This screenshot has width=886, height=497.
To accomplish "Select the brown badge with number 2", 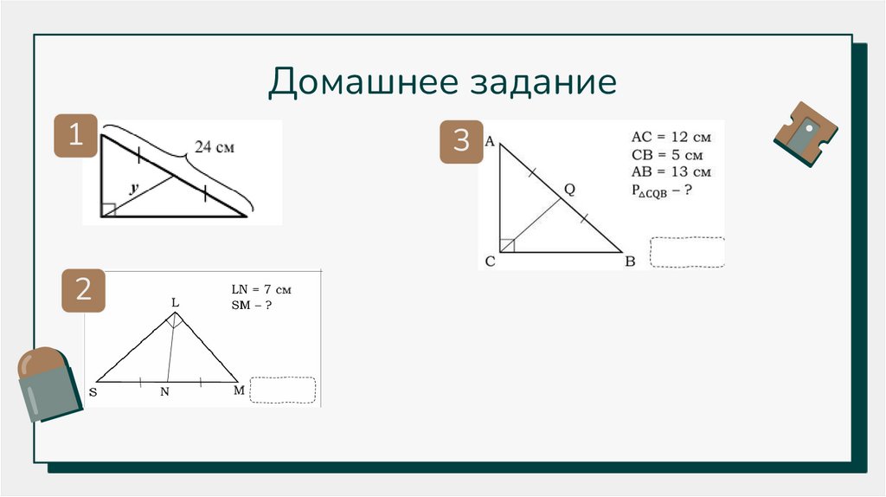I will click(x=84, y=290).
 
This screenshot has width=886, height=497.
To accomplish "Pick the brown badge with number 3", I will click(x=461, y=141).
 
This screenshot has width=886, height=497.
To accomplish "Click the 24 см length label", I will click(x=214, y=147).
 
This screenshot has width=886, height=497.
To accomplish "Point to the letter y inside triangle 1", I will click(x=133, y=187).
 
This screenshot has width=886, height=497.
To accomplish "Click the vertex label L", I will click(x=175, y=302).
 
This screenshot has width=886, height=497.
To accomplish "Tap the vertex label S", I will click(x=93, y=392).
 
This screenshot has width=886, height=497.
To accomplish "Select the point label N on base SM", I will click(x=164, y=393).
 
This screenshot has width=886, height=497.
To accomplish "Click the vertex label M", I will click(x=240, y=391).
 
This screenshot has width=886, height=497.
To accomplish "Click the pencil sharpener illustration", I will click(x=806, y=132).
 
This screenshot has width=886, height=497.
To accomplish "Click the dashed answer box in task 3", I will click(x=687, y=252).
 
